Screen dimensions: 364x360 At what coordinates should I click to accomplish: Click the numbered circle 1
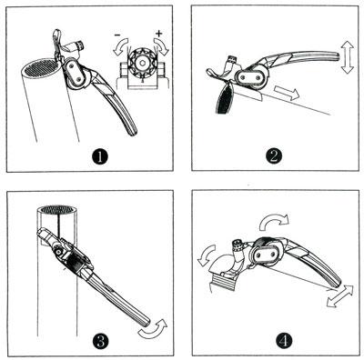(100, 157)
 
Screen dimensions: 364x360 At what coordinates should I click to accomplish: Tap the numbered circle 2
(274, 156)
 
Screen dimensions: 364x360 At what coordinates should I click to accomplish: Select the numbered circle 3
(101, 342)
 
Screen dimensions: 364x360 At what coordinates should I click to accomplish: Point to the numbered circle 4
(284, 341)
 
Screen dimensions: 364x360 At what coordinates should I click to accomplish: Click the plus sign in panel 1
(159, 33)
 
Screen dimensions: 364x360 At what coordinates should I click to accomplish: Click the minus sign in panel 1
(117, 35)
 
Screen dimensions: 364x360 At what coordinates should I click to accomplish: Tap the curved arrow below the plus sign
(160, 46)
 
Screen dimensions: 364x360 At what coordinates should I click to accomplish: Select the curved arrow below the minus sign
(120, 47)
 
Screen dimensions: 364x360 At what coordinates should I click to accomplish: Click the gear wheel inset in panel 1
(141, 63)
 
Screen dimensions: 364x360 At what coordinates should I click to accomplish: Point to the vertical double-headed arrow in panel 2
(347, 57)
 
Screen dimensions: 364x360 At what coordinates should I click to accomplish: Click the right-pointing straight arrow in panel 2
(287, 93)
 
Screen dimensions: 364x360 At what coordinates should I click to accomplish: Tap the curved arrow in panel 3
(153, 328)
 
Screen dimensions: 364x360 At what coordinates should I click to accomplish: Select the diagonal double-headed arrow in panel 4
(340, 296)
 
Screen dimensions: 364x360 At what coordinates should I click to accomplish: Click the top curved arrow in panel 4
(274, 222)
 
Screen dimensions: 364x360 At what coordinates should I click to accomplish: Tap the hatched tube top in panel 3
(58, 209)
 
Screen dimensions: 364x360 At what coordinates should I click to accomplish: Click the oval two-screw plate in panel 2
(250, 77)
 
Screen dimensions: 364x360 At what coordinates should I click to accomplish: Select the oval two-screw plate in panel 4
(267, 253)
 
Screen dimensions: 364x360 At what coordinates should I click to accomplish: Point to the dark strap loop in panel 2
(225, 98)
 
